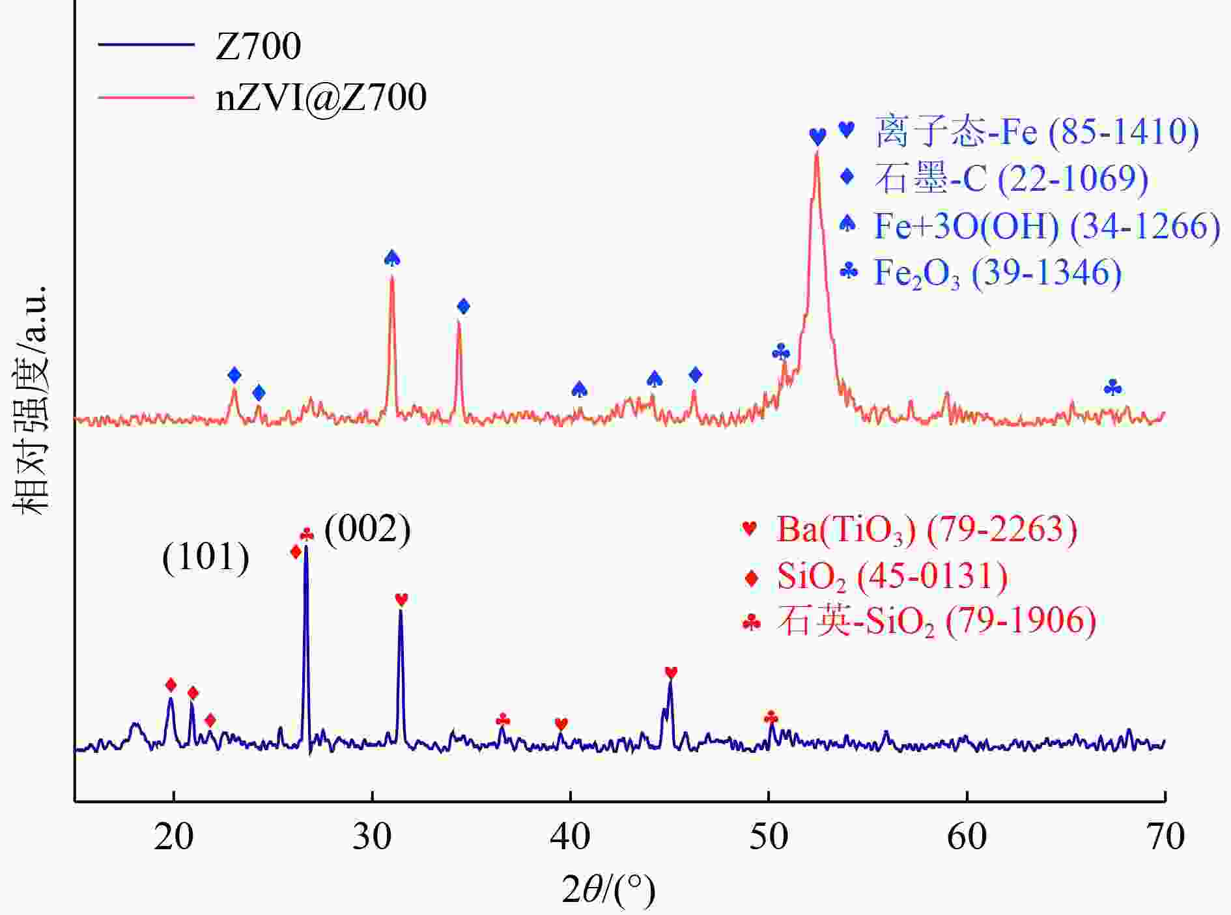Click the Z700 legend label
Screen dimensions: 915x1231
(258, 46)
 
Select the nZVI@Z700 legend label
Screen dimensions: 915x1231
(321, 98)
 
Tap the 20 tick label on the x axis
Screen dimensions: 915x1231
(173, 837)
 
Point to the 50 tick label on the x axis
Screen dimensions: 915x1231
(769, 837)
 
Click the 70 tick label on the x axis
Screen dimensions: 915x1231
(1165, 837)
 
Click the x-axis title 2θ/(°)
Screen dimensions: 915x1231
(608, 890)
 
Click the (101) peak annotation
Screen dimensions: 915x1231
(206, 557)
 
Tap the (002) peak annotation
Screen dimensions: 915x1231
(367, 529)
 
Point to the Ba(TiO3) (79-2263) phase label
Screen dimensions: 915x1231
(926, 529)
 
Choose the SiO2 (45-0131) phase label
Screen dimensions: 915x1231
(892, 576)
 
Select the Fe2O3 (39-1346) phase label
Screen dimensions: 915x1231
(997, 273)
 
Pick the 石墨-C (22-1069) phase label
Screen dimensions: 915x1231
(1011, 178)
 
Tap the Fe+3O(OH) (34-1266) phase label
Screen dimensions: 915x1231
(1047, 226)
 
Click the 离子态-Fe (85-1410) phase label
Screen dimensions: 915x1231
(1036, 131)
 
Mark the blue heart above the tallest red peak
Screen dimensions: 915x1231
(817, 137)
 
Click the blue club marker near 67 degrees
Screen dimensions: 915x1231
(1112, 389)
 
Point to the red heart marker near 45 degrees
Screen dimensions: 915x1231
(671, 672)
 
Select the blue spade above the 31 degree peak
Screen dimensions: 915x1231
(391, 259)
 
